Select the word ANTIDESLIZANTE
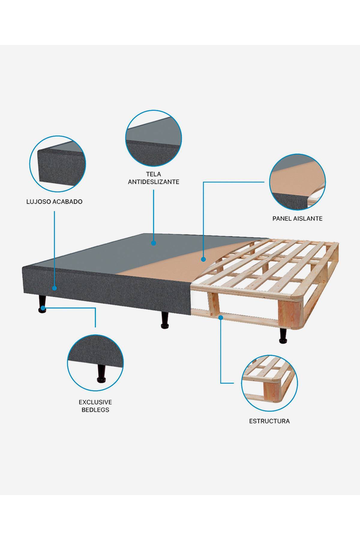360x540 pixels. (153, 182)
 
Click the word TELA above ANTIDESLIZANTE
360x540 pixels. (153, 174)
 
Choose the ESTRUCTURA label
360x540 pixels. (269, 421)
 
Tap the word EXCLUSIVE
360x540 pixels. (95, 402)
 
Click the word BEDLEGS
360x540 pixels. (95, 410)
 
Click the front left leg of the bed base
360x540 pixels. (42, 304)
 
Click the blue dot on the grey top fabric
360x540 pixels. (154, 243)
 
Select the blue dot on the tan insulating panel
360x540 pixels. (203, 259)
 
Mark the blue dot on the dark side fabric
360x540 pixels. (54, 288)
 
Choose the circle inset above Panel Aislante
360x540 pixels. (297, 182)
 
